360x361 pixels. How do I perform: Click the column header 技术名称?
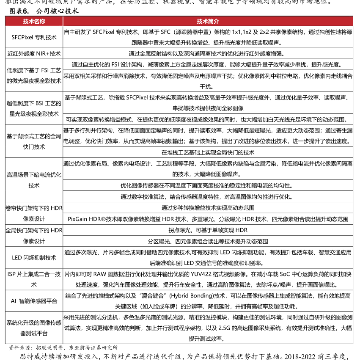pos(34,21)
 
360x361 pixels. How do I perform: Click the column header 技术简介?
pos(208,21)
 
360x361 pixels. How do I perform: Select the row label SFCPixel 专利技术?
pos(34,37)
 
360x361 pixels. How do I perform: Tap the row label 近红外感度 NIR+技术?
pos(34,54)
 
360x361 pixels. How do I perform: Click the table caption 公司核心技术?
pos(58,11)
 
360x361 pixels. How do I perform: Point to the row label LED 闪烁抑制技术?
pos(34,257)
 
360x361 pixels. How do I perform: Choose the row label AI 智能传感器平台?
pos(34,301)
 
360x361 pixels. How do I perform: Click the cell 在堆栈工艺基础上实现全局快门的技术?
pos(208,152)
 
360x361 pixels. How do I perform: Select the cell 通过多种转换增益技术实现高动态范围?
pos(208,208)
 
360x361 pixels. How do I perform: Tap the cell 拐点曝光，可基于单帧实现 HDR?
pos(208,230)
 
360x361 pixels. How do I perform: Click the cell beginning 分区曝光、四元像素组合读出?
pos(208,241)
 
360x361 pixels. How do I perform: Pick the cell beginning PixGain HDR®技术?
pos(208,219)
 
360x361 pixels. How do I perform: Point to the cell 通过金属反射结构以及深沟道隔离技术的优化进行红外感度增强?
pos(208,54)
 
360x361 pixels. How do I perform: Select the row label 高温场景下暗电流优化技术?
pos(34,180)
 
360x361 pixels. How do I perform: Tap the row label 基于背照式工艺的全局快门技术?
pos(34,141)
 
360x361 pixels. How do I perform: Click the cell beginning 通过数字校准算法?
pos(208,197)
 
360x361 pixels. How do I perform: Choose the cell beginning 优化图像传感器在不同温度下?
pos(208,185)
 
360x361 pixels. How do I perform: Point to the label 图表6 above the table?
pos(19,11)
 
